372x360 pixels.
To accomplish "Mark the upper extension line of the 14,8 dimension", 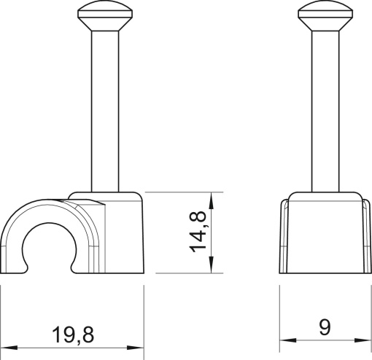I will (182, 192).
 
